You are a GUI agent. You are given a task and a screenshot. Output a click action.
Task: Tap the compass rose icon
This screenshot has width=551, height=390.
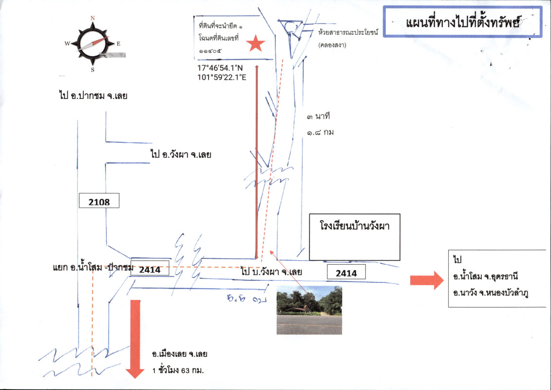(x=93, y=43)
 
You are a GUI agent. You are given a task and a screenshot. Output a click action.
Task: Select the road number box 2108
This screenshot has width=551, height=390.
(x=99, y=201)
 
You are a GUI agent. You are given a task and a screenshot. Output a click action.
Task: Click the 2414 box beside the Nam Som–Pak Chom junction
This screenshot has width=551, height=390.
(x=150, y=269)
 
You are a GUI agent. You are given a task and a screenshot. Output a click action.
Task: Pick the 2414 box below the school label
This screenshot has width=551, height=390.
(x=347, y=273)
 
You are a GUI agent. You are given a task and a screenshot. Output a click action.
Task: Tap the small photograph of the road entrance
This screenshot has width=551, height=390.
(x=309, y=310)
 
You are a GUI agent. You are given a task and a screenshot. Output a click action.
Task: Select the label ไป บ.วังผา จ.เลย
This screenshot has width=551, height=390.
(x=271, y=272)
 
